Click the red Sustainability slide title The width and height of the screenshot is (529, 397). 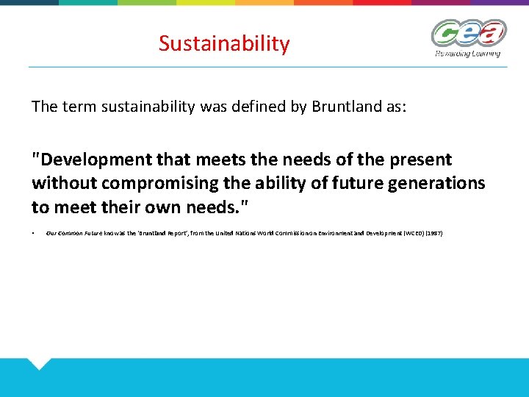tap(224, 44)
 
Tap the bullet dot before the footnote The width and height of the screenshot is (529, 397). tap(34, 233)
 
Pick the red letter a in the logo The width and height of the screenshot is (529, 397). tap(491, 32)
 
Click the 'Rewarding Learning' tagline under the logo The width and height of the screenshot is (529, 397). tap(467, 53)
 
